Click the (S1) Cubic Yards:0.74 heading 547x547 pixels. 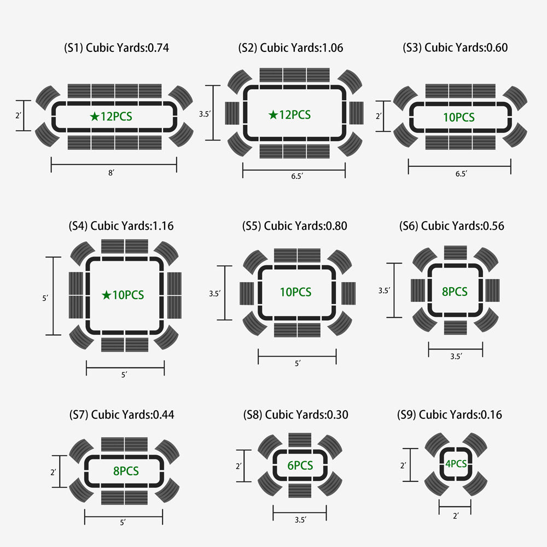click(x=116, y=48)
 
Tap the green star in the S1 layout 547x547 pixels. click(x=95, y=116)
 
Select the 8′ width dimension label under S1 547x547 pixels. click(x=111, y=173)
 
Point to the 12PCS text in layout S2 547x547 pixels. click(x=295, y=115)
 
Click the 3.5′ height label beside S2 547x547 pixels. click(x=205, y=114)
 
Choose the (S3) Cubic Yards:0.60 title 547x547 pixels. click(x=455, y=48)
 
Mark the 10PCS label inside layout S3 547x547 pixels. click(x=459, y=117)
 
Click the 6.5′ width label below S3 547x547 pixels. click(x=461, y=174)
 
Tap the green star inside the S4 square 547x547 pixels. click(x=107, y=295)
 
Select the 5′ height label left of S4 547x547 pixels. click(x=45, y=298)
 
